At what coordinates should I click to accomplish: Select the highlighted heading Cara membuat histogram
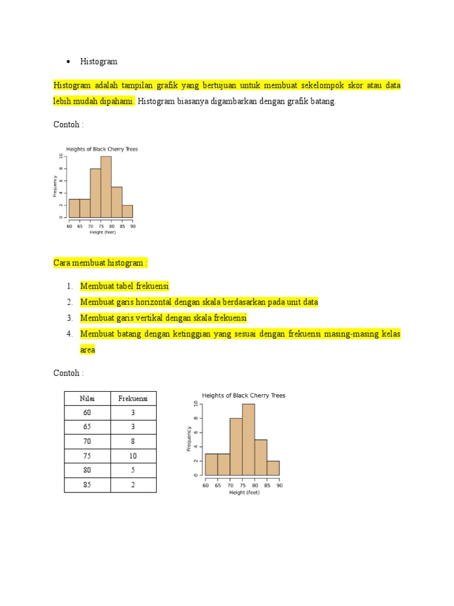coord(100,263)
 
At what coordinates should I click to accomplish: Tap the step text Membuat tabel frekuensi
coord(125,286)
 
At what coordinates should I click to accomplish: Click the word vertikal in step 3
coord(150,318)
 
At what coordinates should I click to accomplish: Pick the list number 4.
coord(69,334)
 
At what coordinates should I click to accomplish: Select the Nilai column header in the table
coord(87,398)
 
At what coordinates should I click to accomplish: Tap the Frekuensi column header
coord(133,398)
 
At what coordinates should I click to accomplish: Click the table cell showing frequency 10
coord(133,456)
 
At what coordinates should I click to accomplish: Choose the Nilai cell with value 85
coord(87,485)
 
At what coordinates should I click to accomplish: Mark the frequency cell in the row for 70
coord(133,441)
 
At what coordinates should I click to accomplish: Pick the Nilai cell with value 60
coord(87,413)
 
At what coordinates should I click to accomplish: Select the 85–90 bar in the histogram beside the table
coord(273,468)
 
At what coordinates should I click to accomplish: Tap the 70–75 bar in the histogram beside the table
coord(236,447)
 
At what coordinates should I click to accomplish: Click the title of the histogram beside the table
coord(244,395)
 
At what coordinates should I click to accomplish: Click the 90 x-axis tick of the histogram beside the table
coord(279,486)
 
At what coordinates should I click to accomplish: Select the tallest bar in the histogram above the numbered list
coord(106,186)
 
